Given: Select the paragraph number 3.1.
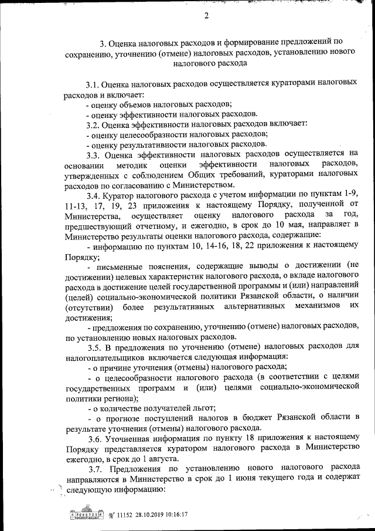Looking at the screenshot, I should [94, 84].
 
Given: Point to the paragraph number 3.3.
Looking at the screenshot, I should [94, 155].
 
